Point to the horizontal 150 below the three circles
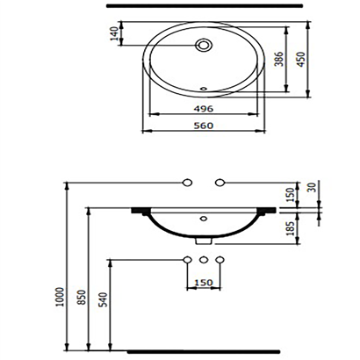203,284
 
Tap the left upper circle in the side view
186,183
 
